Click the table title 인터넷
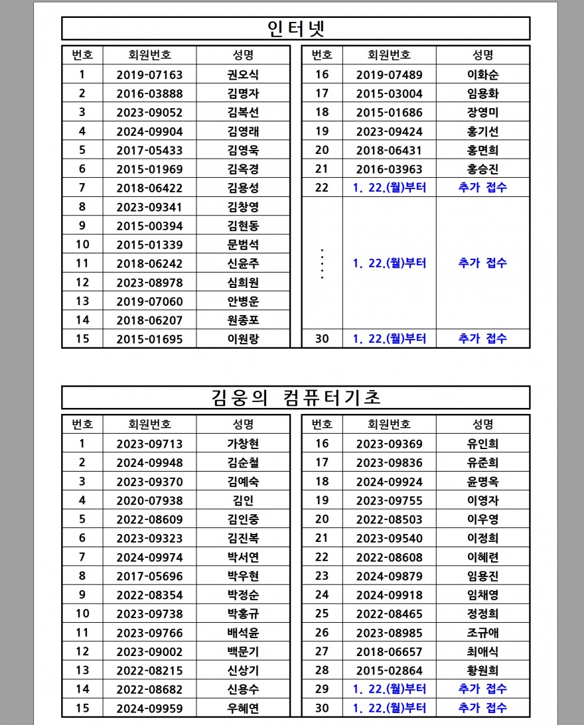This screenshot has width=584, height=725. (x=295, y=29)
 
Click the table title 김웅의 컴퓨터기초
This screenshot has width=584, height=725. (x=295, y=398)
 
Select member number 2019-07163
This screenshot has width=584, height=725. (x=149, y=75)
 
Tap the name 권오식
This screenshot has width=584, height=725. (x=243, y=75)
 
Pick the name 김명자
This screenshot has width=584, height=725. (x=243, y=94)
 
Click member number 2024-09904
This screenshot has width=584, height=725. (x=149, y=131)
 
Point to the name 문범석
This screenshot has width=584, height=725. (x=243, y=245)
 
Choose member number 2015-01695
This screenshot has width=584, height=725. (x=149, y=340)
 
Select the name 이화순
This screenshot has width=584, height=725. (x=482, y=75)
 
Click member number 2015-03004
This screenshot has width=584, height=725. (x=389, y=94)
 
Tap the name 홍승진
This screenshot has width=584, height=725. (x=482, y=169)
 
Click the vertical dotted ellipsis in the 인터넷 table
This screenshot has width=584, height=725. (x=322, y=263)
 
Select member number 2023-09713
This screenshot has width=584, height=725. (x=149, y=444)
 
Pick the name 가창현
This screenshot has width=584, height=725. (x=243, y=444)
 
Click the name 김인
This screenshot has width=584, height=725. (x=243, y=501)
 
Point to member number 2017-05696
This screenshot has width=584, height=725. (x=149, y=576)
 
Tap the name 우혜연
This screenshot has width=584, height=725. (x=243, y=708)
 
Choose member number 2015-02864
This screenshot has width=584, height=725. (x=389, y=671)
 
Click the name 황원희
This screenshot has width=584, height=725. (x=482, y=671)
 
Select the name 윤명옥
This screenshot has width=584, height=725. (x=482, y=482)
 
